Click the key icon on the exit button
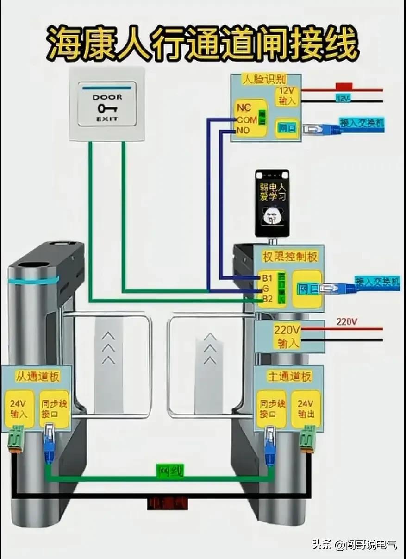pos(107,108)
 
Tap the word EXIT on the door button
pos(107,119)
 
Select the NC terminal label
pos(244,108)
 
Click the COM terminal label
pos(247,120)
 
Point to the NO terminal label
pos(243,131)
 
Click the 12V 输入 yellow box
pos(287,96)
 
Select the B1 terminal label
pos(267,278)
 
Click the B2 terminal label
pos(267,299)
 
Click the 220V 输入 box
pos(287,337)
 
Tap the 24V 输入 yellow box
pos(19,408)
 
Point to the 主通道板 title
pos(289,377)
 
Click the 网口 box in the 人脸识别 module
pos(287,128)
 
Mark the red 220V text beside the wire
pos(347,321)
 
